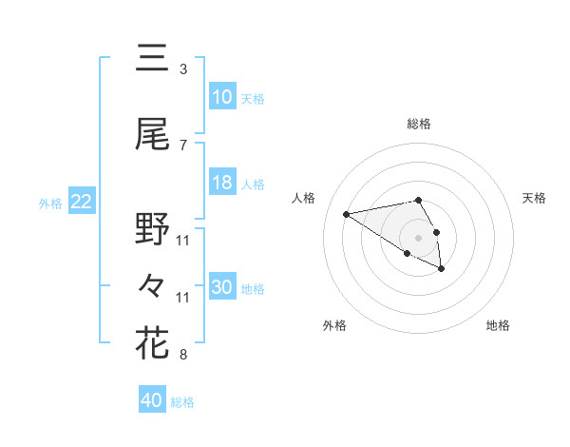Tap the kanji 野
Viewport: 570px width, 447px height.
[x=152, y=230]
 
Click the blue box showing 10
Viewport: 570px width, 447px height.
[x=222, y=97]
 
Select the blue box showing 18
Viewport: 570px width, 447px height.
[x=222, y=183]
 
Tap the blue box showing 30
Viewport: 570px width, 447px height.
[x=222, y=287]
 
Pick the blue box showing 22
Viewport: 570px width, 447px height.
[x=81, y=202]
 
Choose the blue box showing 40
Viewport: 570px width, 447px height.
[x=152, y=400]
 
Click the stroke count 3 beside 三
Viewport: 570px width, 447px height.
[x=182, y=69]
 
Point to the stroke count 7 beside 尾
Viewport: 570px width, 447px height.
[x=182, y=146]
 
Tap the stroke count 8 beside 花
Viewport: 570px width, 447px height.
[x=182, y=355]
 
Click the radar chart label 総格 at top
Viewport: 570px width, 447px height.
[x=418, y=124]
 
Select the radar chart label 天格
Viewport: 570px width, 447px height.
[x=534, y=198]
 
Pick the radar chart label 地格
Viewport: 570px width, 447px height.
[x=498, y=325]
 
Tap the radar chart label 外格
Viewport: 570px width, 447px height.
[x=334, y=325]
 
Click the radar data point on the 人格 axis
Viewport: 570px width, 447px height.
[x=346, y=213]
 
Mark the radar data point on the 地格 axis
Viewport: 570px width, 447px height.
[x=442, y=269]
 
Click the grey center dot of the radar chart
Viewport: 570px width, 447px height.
[x=418, y=237]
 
